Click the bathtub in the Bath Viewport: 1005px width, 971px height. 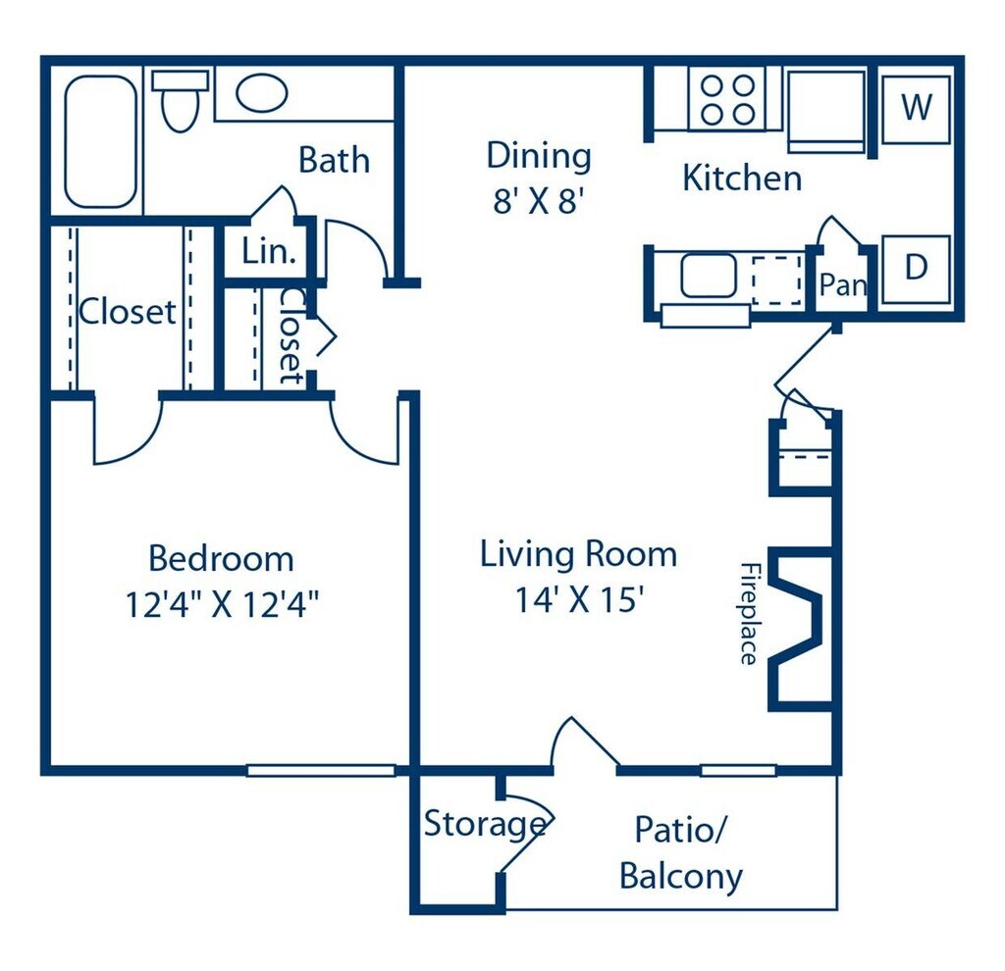pyautogui.click(x=101, y=141)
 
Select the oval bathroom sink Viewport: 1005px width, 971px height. pyautogui.click(x=261, y=93)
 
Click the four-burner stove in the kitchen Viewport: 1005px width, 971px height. pyautogui.click(x=727, y=99)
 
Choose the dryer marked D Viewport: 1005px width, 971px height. pyautogui.click(x=916, y=269)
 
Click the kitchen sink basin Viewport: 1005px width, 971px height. pyautogui.click(x=709, y=276)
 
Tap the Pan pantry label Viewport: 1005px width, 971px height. pyautogui.click(x=843, y=283)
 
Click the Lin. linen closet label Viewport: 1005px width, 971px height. pyautogui.click(x=269, y=251)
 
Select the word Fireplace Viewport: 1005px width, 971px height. pyautogui.click(x=749, y=614)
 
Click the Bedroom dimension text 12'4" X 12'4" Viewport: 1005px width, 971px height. pyautogui.click(x=222, y=604)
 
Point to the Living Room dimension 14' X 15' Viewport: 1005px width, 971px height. pyautogui.click(x=579, y=599)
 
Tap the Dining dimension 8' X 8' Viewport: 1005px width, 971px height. pyautogui.click(x=539, y=201)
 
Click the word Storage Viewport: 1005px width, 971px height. pyautogui.click(x=485, y=825)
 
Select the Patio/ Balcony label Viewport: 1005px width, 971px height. pyautogui.click(x=681, y=852)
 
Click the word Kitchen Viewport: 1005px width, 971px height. pyautogui.click(x=742, y=178)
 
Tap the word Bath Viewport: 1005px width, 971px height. pyautogui.click(x=334, y=160)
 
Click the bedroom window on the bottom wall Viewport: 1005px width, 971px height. pyautogui.click(x=321, y=771)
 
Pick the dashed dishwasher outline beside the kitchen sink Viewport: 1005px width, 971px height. pyautogui.click(x=777, y=281)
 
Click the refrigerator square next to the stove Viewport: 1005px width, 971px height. pyautogui.click(x=826, y=112)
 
